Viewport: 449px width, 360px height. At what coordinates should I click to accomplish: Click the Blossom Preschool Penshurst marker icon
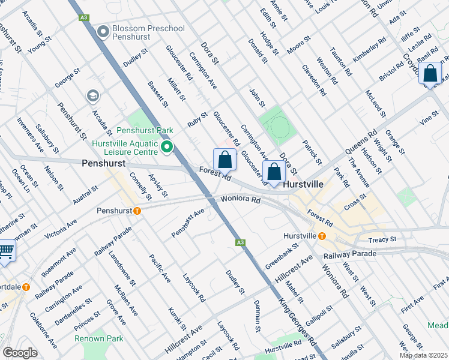point(103,32)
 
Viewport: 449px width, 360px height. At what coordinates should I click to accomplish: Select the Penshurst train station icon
point(137,211)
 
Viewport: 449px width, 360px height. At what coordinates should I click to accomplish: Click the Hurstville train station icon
point(322,236)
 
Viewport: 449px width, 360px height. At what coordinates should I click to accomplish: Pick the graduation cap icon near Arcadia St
point(92,95)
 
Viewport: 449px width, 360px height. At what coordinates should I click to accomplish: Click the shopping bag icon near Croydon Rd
point(431,74)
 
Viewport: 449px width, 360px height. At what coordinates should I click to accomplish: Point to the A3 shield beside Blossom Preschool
point(83,18)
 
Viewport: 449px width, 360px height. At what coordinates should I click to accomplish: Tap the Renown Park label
point(99,339)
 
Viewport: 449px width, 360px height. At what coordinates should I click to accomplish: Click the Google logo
point(20,353)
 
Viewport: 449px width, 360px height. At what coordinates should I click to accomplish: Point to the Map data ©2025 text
point(423,355)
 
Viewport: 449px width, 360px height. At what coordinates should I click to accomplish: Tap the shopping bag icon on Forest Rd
point(225,160)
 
